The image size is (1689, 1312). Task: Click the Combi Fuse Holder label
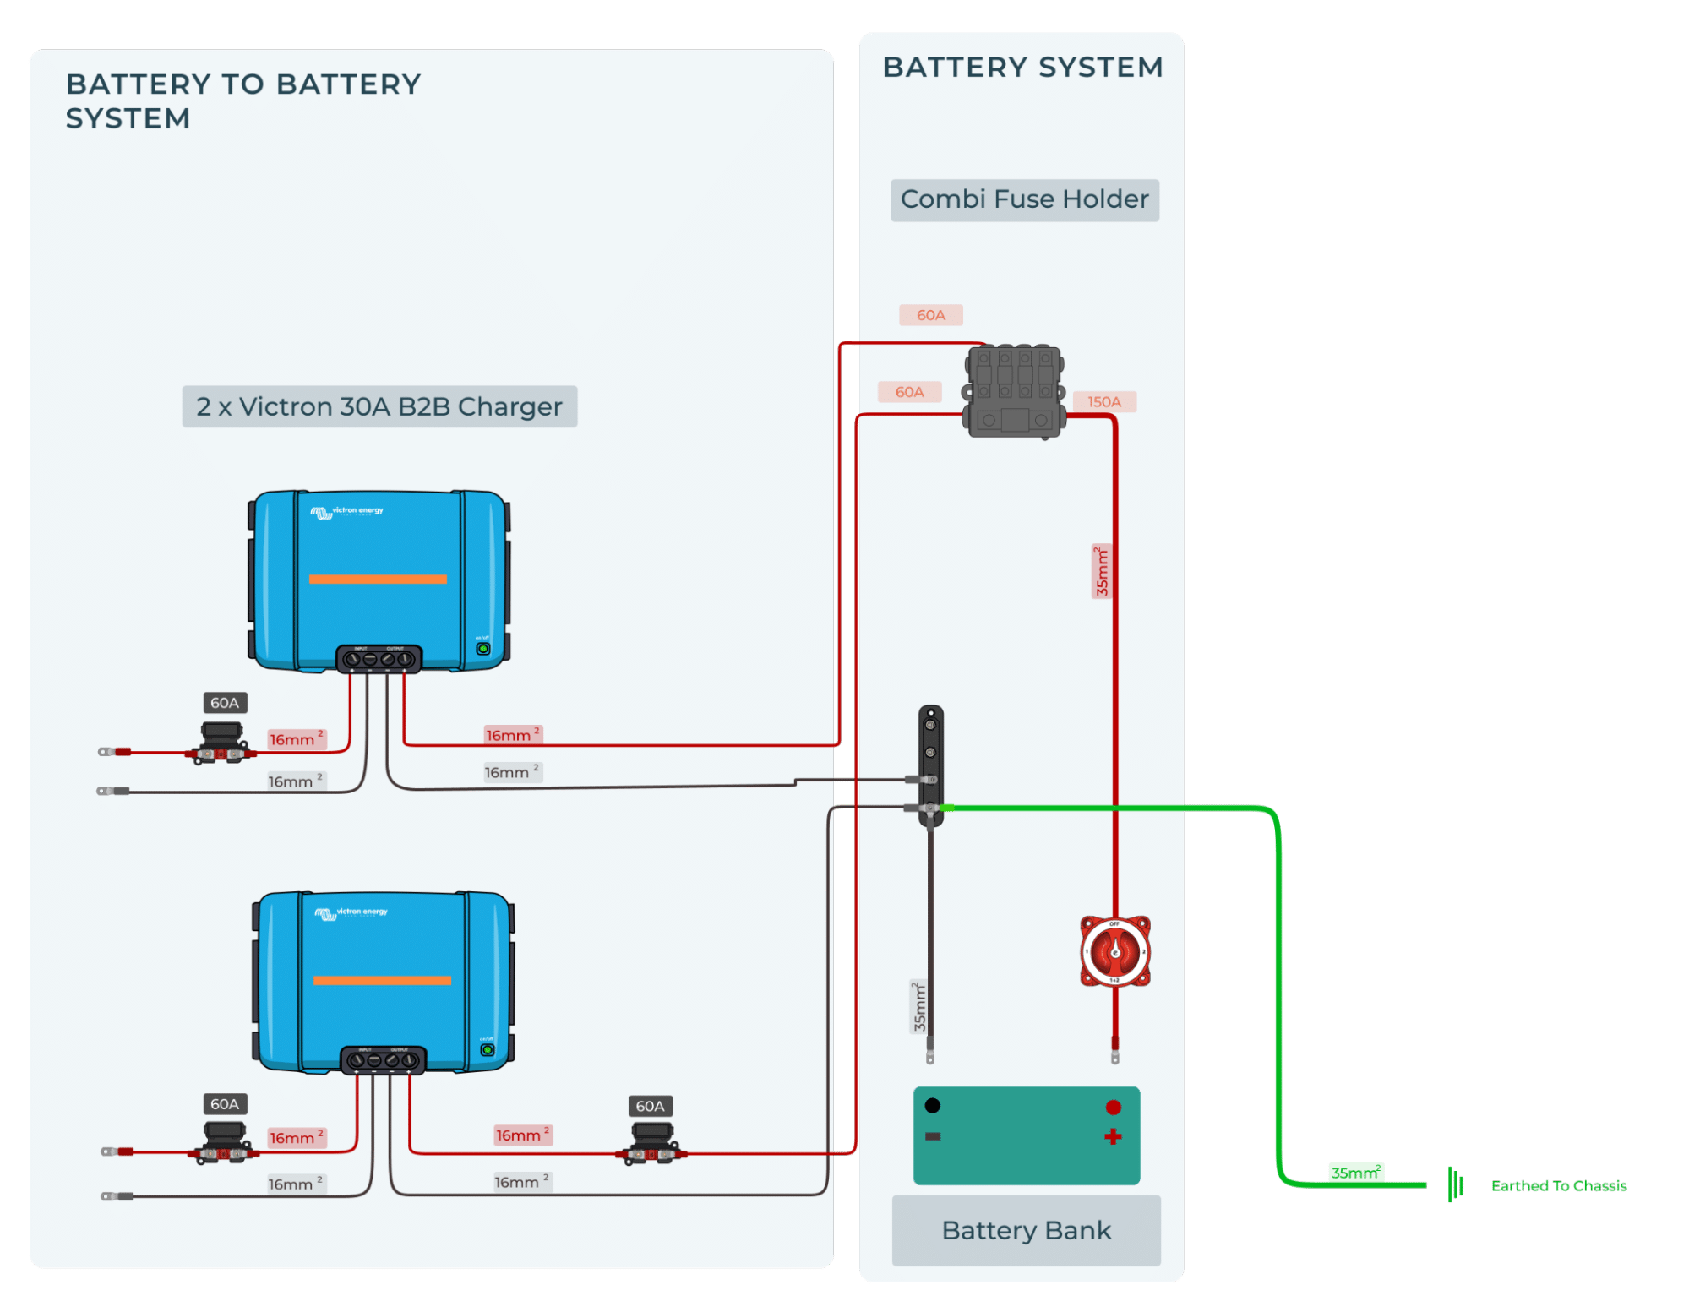[x=1024, y=200]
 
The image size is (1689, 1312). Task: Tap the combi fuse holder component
[x=1013, y=391]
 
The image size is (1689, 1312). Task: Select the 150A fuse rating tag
[x=1103, y=402]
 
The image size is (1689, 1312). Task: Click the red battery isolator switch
[x=1114, y=951]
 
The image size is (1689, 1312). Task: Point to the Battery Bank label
[x=1026, y=1230]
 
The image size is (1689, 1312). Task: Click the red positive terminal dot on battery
[x=1113, y=1107]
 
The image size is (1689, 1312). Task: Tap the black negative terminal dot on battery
[x=932, y=1105]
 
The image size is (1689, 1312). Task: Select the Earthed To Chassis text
[x=1558, y=1186]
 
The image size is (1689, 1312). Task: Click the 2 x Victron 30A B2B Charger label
[x=379, y=407]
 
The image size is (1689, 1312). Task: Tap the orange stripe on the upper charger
[x=378, y=579]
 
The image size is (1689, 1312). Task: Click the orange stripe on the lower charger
[x=382, y=980]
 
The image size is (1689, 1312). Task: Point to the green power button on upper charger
[x=483, y=649]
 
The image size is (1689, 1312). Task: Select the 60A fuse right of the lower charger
[x=651, y=1145]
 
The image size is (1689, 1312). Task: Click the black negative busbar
[x=930, y=765]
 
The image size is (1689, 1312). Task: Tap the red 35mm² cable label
[x=1101, y=571]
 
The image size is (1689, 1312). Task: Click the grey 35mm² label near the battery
[x=919, y=1006]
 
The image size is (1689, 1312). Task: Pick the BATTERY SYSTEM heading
[x=1022, y=68]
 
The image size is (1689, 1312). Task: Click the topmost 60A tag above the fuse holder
[x=930, y=315]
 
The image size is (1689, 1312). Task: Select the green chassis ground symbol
[x=1455, y=1184]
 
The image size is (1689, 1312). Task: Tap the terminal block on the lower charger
[x=383, y=1059]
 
